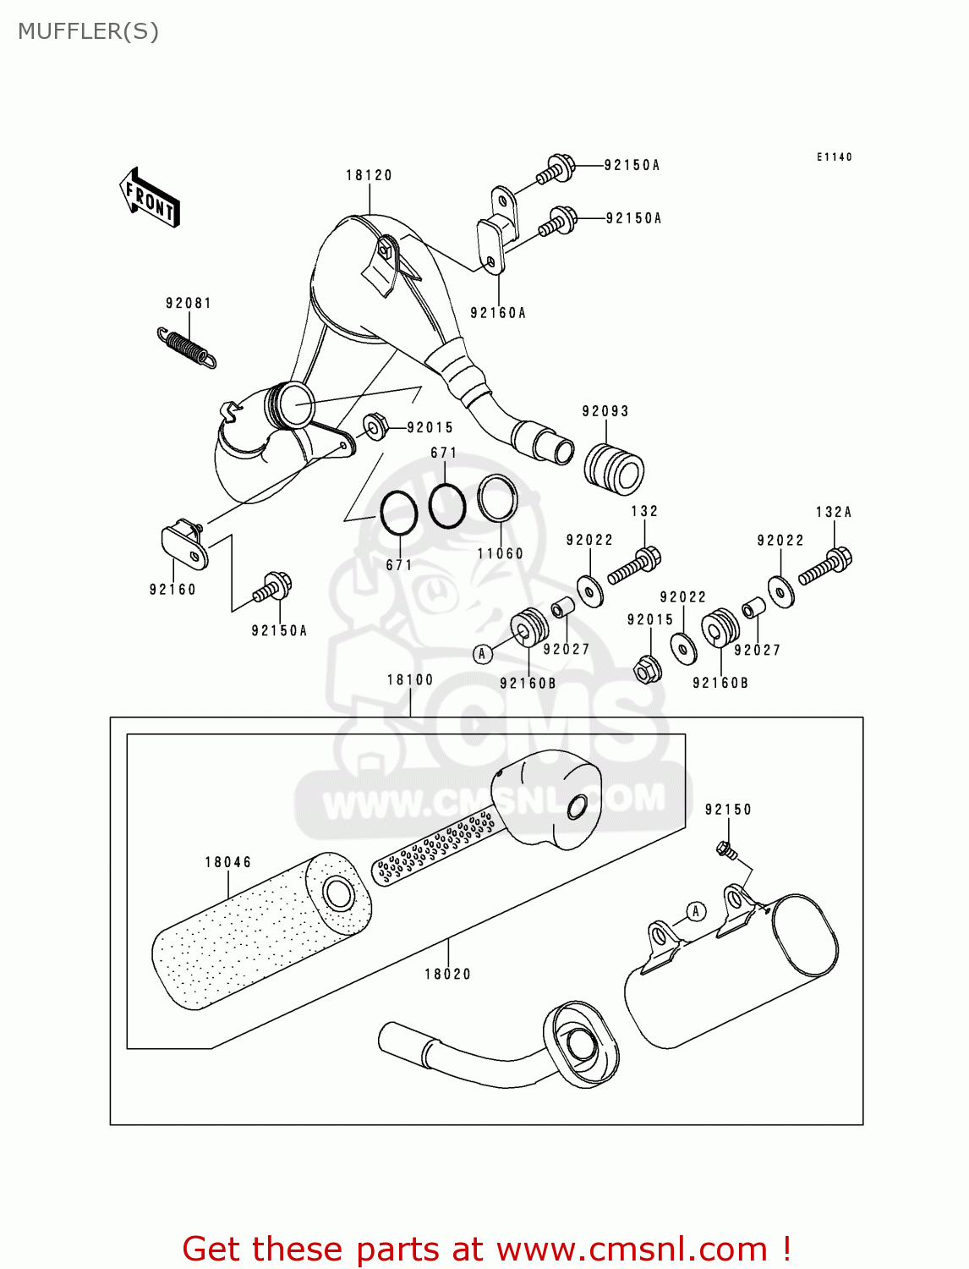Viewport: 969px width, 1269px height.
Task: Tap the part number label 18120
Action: click(369, 175)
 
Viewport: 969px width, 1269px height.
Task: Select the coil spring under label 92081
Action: click(187, 348)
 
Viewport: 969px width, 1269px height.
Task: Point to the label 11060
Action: click(500, 553)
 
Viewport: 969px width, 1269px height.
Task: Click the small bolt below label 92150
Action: click(725, 849)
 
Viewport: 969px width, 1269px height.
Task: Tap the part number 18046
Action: click(227, 862)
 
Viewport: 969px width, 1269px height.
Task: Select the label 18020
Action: click(447, 974)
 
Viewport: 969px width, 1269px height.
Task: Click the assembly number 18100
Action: click(410, 679)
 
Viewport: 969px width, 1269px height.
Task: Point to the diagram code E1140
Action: click(834, 157)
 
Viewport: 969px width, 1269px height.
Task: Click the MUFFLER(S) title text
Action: click(88, 31)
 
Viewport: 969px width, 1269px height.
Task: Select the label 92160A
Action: click(498, 313)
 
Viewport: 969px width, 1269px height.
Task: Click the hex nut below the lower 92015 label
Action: click(648, 670)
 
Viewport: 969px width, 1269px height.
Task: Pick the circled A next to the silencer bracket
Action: click(695, 911)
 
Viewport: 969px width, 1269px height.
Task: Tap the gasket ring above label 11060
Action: click(498, 498)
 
